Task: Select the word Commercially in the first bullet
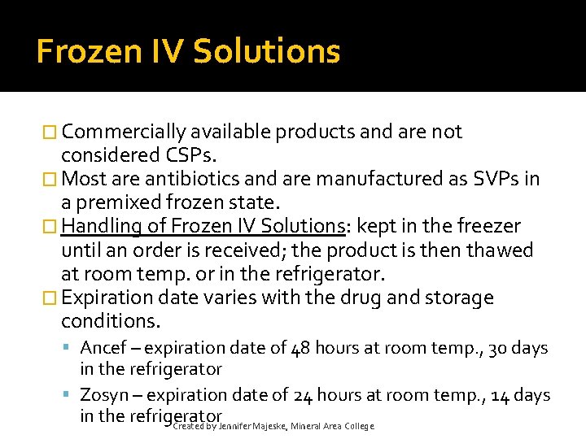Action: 124,133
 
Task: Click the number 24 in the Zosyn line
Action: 301,395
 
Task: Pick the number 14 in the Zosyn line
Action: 499,395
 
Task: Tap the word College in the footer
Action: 359,426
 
